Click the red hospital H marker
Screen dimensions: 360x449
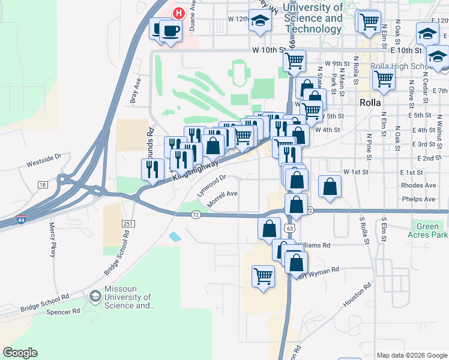click(178, 13)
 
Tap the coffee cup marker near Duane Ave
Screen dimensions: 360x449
click(170, 31)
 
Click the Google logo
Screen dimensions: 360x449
click(20, 353)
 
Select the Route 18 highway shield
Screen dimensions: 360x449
click(42, 184)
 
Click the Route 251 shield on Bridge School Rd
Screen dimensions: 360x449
click(127, 224)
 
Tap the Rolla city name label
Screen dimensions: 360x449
click(370, 103)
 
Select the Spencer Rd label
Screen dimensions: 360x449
click(67, 311)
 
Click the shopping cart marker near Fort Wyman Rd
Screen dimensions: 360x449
click(263, 276)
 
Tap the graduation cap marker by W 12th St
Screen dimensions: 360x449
click(260, 20)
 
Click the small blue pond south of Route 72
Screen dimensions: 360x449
click(175, 236)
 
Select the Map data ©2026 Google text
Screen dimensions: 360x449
click(411, 355)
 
